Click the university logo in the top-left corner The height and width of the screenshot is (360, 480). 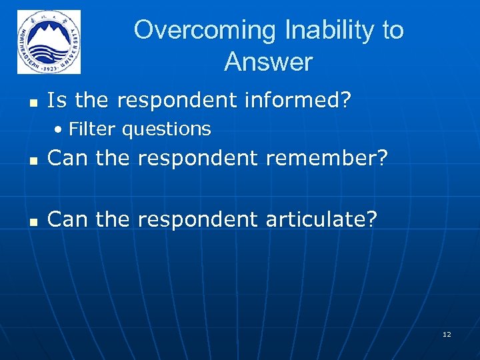49,42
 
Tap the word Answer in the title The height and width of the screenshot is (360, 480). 268,63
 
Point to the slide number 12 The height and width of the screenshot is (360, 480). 447,334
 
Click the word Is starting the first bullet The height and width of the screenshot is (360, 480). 57,101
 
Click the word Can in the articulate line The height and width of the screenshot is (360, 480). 69,218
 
